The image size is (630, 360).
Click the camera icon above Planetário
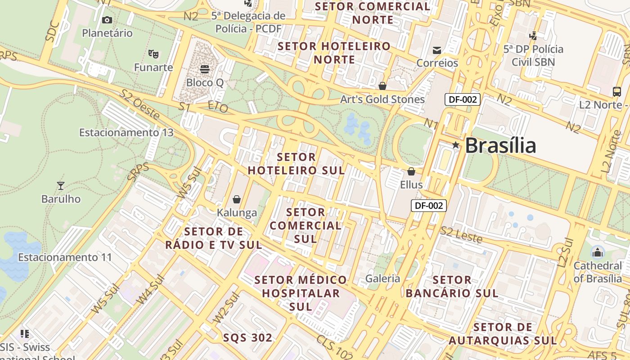click(107, 20)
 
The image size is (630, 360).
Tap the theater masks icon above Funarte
click(153, 54)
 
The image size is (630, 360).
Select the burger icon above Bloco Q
click(205, 69)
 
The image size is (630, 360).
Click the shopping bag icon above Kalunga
click(237, 199)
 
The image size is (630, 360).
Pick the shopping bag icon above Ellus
click(411, 171)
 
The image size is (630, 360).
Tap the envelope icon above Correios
click(436, 50)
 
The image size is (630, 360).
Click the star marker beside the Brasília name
click(456, 145)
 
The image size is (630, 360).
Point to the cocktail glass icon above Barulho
click(61, 185)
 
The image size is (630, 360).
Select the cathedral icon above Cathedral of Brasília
click(598, 252)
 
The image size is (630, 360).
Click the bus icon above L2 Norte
click(616, 92)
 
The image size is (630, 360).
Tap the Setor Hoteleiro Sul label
click(297, 164)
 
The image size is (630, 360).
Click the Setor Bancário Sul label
click(452, 287)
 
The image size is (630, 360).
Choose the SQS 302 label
click(248, 338)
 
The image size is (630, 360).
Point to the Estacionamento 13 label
click(126, 133)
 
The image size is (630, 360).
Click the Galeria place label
click(382, 279)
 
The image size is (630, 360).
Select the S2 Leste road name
click(461, 235)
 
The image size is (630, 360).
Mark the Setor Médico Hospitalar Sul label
click(301, 293)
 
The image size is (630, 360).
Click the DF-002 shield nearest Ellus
click(429, 206)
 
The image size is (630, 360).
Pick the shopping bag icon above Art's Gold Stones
click(382, 85)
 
